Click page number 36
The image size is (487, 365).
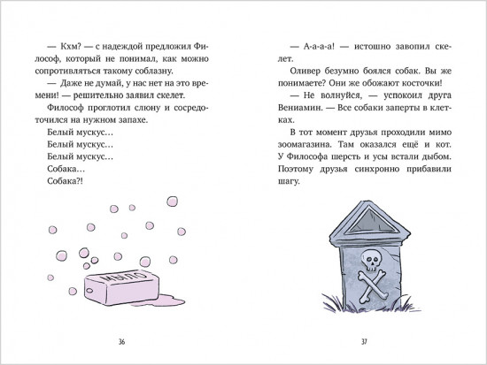click(122, 342)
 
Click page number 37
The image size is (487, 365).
click(364, 342)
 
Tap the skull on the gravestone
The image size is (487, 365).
click(370, 260)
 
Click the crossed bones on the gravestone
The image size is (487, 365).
click(372, 286)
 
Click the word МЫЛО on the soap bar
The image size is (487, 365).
click(124, 276)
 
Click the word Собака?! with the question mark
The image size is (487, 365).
click(65, 181)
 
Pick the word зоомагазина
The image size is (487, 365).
click(306, 145)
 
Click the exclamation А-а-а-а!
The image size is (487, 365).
click(319, 47)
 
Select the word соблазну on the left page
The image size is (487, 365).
click(154, 72)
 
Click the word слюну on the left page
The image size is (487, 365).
click(148, 108)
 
